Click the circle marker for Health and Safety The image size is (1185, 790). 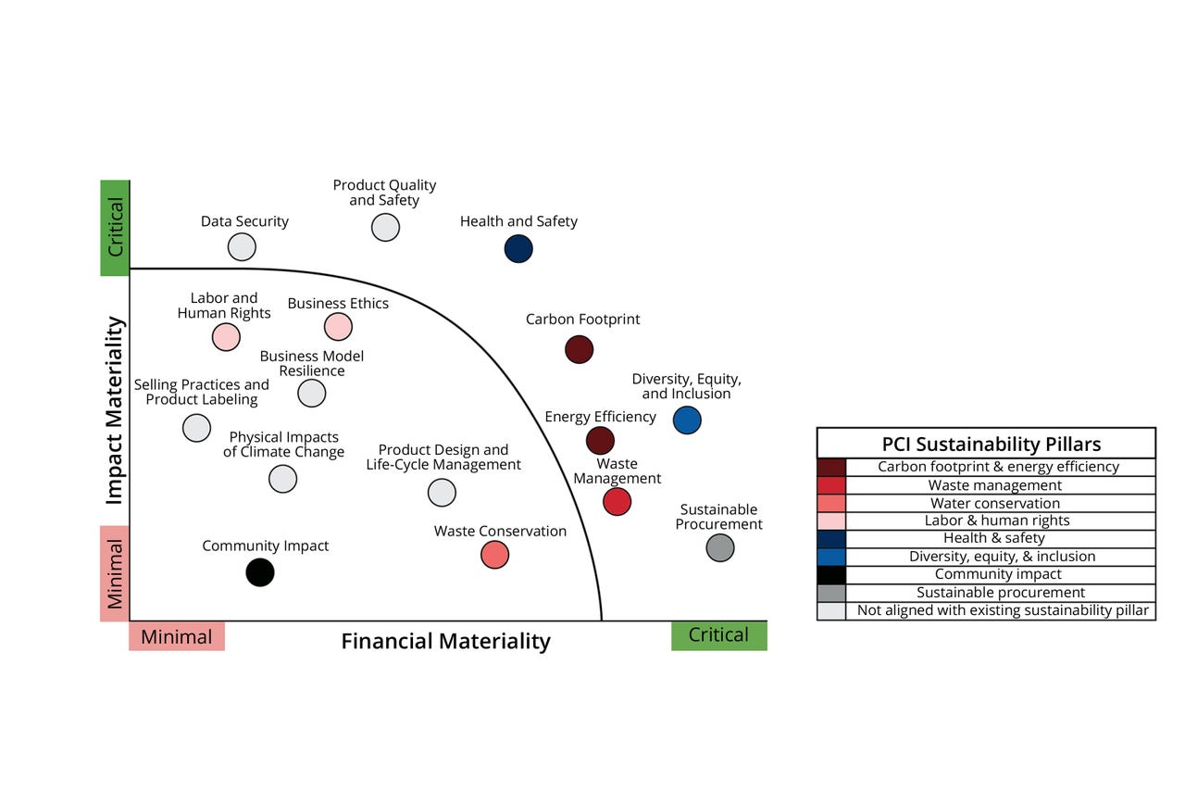coord(518,248)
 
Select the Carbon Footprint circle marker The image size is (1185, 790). coord(579,349)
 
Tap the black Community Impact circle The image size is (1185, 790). coord(260,572)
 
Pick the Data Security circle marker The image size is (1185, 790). coord(242,247)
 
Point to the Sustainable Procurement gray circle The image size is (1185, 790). coord(720,547)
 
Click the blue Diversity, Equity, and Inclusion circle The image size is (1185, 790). coord(687,420)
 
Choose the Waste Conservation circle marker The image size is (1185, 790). coord(495,555)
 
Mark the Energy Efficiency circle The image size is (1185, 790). coord(600,440)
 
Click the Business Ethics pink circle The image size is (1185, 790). coord(338,326)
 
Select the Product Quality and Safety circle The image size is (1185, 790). coord(385,227)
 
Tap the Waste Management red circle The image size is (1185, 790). coord(617,501)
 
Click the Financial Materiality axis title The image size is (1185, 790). coord(445,641)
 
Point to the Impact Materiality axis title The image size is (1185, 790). coord(115,410)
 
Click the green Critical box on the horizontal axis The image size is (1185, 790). coord(718,635)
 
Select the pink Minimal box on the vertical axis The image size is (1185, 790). coord(115,573)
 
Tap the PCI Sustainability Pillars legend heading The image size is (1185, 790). coord(986,443)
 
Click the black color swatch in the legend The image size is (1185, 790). coord(831,574)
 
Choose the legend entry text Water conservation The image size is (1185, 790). coord(994,503)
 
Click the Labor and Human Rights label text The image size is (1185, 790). coord(224,306)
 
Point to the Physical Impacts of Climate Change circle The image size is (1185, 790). coord(282,479)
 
